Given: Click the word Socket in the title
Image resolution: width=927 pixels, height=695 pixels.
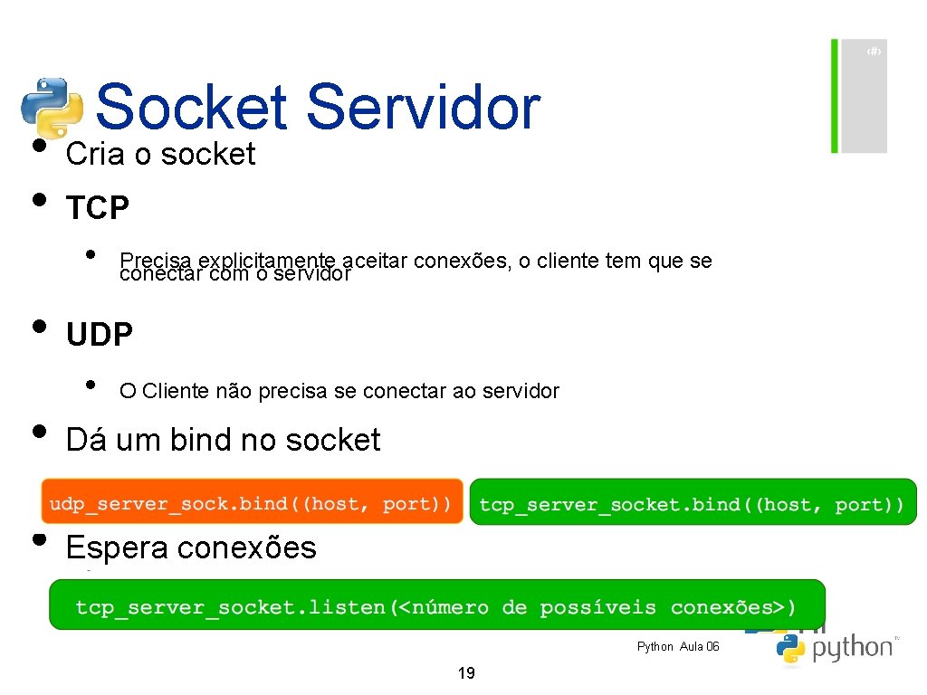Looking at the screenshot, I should coord(190,107).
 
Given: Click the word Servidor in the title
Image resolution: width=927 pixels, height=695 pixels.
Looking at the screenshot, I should coord(422,107).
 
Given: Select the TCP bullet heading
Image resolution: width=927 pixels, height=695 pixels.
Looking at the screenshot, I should coord(98,209).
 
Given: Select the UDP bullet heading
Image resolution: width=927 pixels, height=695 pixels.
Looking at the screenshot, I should coord(100,336).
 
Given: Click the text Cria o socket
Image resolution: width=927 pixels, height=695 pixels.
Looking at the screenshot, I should coord(160,155).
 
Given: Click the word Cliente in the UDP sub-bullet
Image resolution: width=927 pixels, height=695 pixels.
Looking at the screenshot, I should coord(176,392).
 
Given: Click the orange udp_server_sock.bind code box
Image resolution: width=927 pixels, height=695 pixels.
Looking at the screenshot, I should coord(251,503).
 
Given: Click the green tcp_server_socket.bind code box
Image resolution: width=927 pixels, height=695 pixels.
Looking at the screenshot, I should coord(692,504).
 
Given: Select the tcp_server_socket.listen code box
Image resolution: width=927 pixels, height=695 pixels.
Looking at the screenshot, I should coord(436,607).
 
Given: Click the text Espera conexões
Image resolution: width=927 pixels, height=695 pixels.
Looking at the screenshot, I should coord(191,548).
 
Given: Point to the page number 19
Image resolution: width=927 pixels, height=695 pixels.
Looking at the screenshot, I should coord(467,673).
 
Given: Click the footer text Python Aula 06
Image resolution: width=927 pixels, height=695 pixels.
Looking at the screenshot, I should coord(678,646).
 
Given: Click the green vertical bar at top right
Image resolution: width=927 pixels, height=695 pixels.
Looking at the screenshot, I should coord(835,95).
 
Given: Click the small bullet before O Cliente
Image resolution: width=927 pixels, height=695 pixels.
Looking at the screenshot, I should coord(90,385).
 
